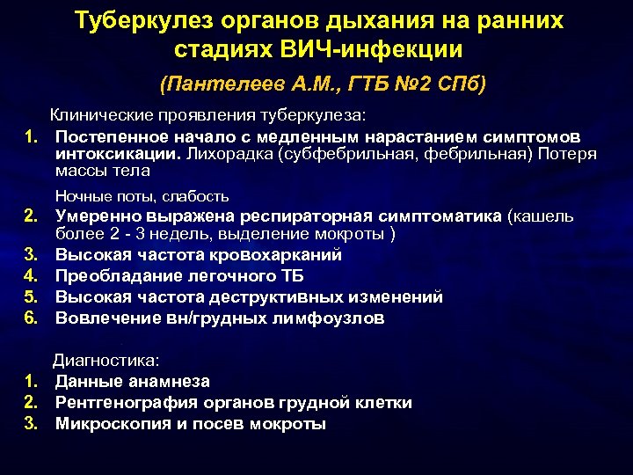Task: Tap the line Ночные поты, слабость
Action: pos(142,196)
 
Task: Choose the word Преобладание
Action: pos(116,276)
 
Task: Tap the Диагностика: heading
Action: pos(105,360)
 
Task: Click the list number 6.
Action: pos(30,318)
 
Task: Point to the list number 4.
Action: pos(30,276)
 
